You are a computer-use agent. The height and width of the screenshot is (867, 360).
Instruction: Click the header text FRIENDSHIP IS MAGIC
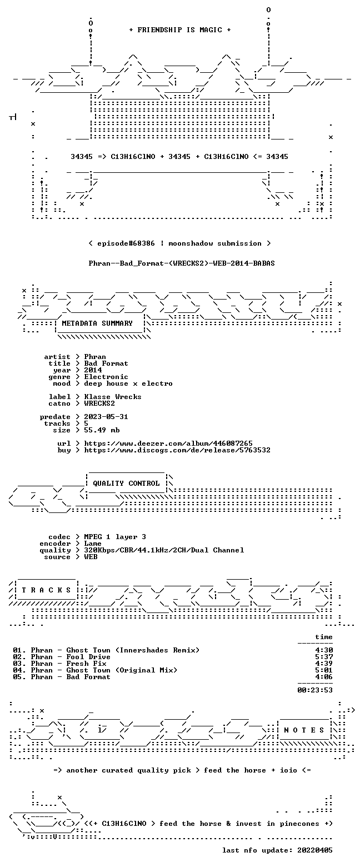pyautogui.click(x=180, y=30)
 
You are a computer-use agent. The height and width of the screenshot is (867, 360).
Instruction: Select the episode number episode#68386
pyautogui.click(x=126, y=243)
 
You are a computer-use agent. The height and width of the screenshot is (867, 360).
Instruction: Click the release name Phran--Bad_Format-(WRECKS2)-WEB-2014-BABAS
pyautogui.click(x=182, y=263)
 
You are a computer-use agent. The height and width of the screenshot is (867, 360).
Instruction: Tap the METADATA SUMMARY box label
pyautogui.click(x=97, y=323)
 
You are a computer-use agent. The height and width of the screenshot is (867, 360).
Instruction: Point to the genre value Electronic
pyautogui.click(x=106, y=377)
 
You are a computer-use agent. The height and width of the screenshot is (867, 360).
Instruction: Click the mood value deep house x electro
pyautogui.click(x=128, y=383)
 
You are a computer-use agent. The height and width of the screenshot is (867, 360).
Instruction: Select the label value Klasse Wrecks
pyautogui.click(x=113, y=397)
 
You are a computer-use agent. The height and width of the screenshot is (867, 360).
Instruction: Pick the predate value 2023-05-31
pyautogui.click(x=106, y=417)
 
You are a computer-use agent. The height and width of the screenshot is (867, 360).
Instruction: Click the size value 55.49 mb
pyautogui.click(x=102, y=430)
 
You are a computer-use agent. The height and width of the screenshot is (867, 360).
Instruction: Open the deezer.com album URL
pyautogui.click(x=168, y=443)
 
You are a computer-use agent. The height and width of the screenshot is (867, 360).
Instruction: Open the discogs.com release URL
pyautogui.click(x=177, y=450)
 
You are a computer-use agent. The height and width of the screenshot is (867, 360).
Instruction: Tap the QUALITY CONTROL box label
pyautogui.click(x=126, y=484)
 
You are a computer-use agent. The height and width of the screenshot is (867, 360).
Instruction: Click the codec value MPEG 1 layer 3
pyautogui.click(x=115, y=537)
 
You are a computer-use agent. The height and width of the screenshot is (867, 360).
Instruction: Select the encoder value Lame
pyautogui.click(x=93, y=544)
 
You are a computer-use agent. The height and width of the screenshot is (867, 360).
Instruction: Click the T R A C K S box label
pyautogui.click(x=46, y=590)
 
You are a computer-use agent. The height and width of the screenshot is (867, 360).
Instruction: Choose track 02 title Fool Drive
pyautogui.click(x=88, y=657)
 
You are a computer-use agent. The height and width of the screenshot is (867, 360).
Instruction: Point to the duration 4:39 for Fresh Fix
pyautogui.click(x=324, y=664)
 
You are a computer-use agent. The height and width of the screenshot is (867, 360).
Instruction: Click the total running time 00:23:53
pyautogui.click(x=315, y=690)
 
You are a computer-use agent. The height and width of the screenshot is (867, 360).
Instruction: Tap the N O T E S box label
pyautogui.click(x=304, y=730)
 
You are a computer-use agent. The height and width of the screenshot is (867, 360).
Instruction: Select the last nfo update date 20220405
pyautogui.click(x=315, y=850)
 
